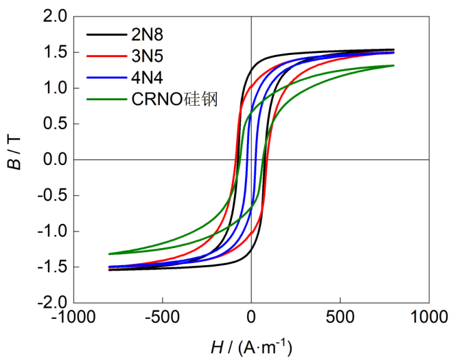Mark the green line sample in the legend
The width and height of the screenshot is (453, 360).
click(x=105, y=100)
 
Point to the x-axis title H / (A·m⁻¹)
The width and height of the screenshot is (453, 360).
click(x=251, y=347)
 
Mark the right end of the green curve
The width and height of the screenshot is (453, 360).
click(x=393, y=65)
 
